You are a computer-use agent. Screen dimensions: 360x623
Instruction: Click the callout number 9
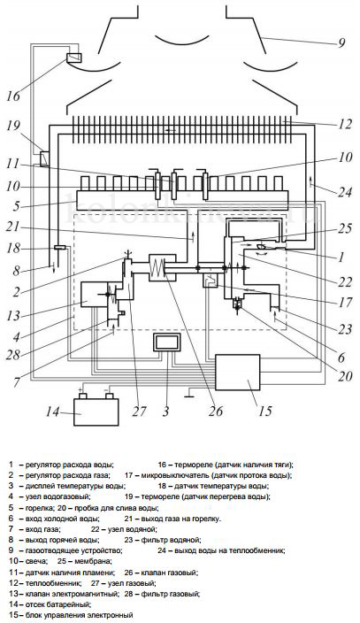pos(341,42)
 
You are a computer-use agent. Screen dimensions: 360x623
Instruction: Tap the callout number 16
pos(13,96)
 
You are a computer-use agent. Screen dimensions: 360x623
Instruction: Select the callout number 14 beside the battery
pos(52,411)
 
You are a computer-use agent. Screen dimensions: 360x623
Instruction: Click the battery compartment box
pos(96,412)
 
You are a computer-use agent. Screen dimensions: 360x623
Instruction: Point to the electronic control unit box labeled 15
pos(238,373)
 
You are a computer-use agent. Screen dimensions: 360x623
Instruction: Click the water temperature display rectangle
pos(167,342)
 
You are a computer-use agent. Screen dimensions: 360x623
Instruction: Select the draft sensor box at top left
pos(74,58)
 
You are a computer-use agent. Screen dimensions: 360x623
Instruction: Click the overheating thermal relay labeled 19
pos(44,159)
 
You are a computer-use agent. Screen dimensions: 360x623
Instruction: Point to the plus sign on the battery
pos(82,389)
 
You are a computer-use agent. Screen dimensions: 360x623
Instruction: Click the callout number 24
pos(345,192)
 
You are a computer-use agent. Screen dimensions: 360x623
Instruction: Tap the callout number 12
pos(344,125)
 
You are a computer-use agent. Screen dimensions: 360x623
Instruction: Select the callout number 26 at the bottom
pos(216,411)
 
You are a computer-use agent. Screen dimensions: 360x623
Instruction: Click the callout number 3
pos(165,411)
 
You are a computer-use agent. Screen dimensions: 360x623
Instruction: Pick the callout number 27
pos(140,411)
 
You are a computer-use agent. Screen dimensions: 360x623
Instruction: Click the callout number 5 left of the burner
pos(16,206)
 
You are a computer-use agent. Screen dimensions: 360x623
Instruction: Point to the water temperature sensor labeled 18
pos(59,248)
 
